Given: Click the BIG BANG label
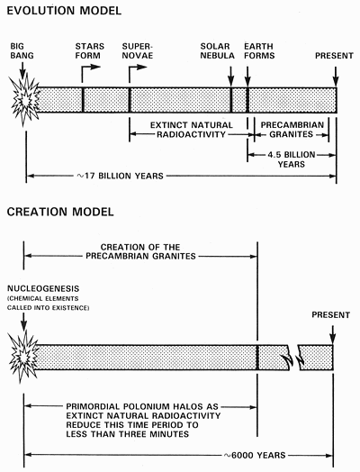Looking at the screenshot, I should coord(22,49).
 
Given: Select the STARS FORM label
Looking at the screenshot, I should coord(92,49).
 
